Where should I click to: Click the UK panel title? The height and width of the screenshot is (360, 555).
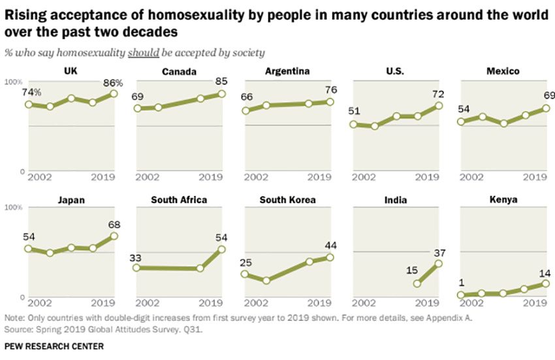pos(71,72)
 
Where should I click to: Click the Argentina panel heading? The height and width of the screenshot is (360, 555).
pos(287,72)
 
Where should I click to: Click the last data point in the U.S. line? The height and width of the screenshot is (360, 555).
pos(439,105)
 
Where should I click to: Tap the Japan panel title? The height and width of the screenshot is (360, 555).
pos(71,200)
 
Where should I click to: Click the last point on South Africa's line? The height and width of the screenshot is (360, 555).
pos(222,248)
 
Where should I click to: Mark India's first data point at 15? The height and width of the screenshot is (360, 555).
pos(418,284)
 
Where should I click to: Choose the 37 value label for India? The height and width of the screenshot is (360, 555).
pos(438,252)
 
